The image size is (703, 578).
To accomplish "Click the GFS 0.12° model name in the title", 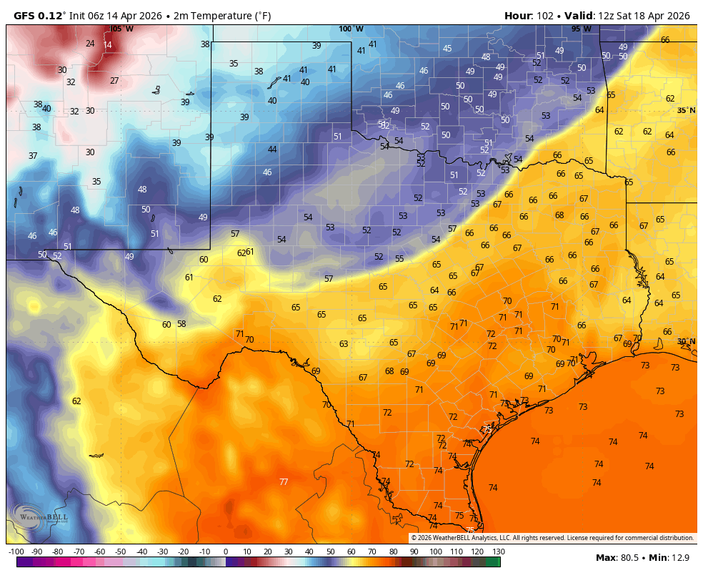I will (39, 16).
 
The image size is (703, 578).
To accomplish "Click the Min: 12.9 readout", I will (672, 557).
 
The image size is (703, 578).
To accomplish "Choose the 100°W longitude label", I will (351, 29).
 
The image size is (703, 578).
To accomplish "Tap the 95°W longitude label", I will (581, 29).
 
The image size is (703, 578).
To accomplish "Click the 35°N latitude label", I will (686, 110).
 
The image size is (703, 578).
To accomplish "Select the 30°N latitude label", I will (686, 342).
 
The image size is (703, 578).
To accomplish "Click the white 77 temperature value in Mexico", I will (284, 482).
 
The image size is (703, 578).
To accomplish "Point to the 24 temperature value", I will (90, 44).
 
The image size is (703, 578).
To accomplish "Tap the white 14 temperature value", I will (107, 45).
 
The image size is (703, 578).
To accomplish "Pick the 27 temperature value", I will (114, 81).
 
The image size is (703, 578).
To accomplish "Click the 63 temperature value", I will (344, 344).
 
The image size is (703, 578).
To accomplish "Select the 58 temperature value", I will (181, 324).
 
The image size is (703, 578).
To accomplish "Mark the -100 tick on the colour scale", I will (16, 552).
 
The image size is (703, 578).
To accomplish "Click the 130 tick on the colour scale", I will (499, 552).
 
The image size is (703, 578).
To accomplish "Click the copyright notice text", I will (552, 538).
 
